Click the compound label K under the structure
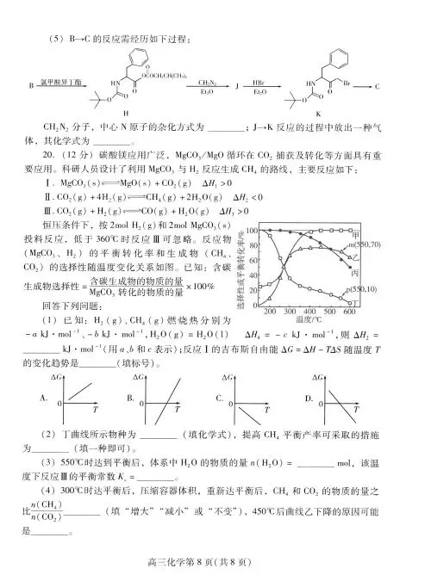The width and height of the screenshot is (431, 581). pos(332,112)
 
